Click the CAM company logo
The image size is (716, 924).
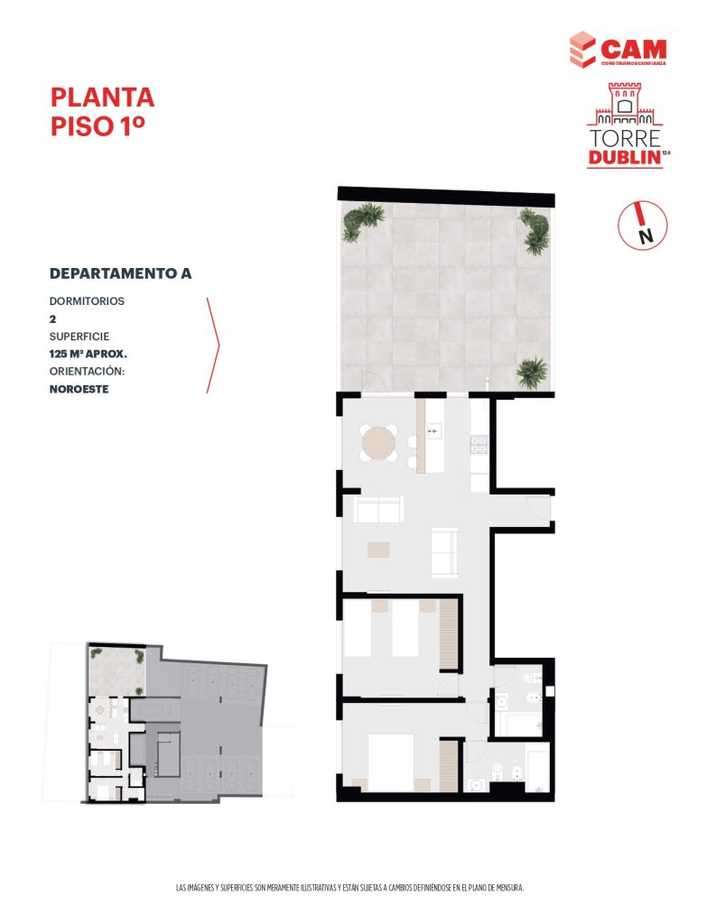pos(618,50)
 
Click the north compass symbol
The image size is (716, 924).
pos(642,225)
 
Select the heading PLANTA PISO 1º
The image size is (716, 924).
pos(102,111)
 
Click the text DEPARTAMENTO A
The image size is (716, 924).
pos(120,273)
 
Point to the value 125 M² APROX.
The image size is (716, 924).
pos(88,354)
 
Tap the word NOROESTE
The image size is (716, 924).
pos(79,389)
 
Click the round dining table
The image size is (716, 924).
pos(378,443)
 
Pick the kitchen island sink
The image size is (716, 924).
pos(434,430)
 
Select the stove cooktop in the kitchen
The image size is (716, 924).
pos(479,444)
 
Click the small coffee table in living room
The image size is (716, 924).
pos(378,550)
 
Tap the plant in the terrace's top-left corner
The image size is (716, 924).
pos(362,221)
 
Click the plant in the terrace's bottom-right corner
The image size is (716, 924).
pos(532,373)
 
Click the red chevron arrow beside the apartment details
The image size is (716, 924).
pos(213,346)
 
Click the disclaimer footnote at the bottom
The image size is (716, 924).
pos(349,888)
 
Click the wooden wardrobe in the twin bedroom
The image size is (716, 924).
pos(449,634)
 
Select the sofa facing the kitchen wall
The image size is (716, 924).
pos(378,509)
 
